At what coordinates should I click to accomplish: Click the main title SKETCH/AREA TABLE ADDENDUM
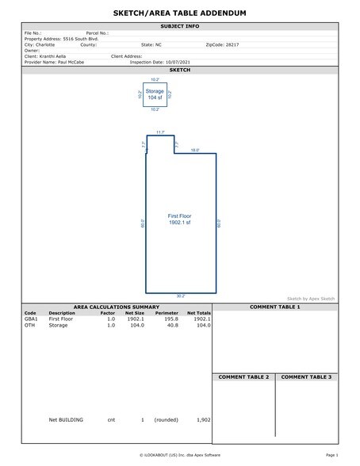pyautogui.click(x=180, y=14)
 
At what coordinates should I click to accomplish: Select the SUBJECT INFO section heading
pyautogui.click(x=180, y=26)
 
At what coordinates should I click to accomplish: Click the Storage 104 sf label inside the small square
pyautogui.click(x=155, y=94)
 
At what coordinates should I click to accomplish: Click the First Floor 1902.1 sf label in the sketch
pyautogui.click(x=180, y=220)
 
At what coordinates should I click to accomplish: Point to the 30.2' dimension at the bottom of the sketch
pyautogui.click(x=180, y=296)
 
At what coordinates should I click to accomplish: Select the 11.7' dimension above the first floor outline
pyautogui.click(x=160, y=132)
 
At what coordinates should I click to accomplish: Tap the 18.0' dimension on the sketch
pyautogui.click(x=195, y=149)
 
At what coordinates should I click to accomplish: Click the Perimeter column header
pyautogui.click(x=167, y=312)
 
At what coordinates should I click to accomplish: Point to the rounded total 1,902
pyautogui.click(x=202, y=419)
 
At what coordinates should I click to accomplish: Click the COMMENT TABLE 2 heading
pyautogui.click(x=243, y=376)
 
